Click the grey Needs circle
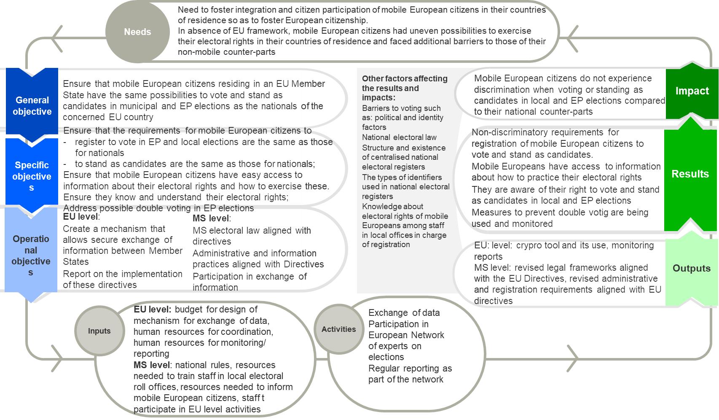[137, 32]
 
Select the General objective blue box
[32, 105]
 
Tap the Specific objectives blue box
[32, 176]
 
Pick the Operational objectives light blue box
[31, 255]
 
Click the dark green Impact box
[692, 91]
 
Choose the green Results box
[690, 174]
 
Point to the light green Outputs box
[691, 268]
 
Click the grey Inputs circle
[99, 331]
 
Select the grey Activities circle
[338, 329]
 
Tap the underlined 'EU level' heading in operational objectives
[80, 217]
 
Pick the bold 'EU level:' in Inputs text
[152, 310]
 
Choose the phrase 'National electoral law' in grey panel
[399, 137]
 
